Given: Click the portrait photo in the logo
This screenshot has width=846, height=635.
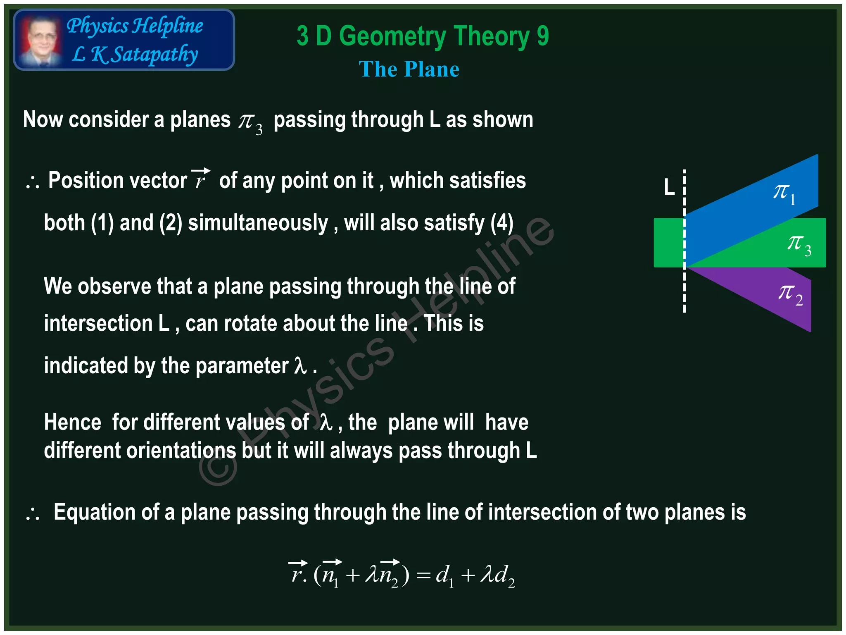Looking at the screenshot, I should point(40,40).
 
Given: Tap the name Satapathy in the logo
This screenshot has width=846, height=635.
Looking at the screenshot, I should point(155,55).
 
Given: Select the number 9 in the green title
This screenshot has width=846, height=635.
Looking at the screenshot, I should point(543,36).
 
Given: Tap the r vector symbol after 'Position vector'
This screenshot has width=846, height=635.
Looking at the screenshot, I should point(201,179).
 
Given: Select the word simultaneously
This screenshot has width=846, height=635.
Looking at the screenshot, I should point(258,223).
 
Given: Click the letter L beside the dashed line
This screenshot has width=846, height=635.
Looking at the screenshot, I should point(669,187).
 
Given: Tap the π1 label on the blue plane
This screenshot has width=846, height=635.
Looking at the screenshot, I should point(784,193).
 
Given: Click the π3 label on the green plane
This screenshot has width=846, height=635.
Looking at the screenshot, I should point(799,244).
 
